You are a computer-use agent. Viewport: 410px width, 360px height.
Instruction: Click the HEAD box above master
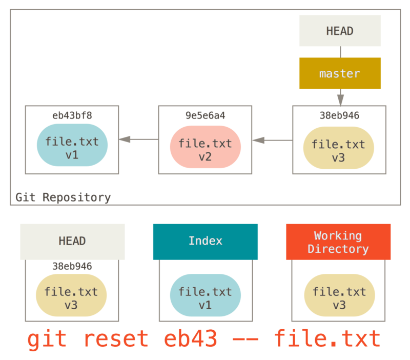340,31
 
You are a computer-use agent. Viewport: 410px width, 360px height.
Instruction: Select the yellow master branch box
340,73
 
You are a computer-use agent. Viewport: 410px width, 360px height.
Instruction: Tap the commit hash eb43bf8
72,115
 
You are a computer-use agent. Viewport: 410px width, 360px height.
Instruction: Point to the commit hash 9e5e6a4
205,116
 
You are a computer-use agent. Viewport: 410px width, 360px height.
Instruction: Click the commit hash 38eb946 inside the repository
339,116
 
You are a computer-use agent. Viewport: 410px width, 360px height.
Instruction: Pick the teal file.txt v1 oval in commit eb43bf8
72,148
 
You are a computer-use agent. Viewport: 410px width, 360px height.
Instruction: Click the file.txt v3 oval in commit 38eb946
338,151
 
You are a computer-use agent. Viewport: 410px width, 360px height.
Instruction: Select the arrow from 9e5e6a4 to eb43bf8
138,139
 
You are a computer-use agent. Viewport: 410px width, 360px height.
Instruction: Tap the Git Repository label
63,197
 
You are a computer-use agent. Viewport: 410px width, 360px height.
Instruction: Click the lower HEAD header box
72,241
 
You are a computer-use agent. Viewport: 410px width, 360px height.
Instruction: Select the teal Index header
205,241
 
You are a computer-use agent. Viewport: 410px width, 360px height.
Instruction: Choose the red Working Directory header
338,242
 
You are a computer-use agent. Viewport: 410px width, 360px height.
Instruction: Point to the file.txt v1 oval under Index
205,298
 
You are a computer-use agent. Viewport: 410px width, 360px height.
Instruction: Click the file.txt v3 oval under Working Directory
338,298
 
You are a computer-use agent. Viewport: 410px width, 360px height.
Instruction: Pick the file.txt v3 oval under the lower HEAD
71,298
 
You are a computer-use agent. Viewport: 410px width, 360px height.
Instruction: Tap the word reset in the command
116,339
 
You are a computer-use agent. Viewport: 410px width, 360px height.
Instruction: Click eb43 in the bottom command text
191,339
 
